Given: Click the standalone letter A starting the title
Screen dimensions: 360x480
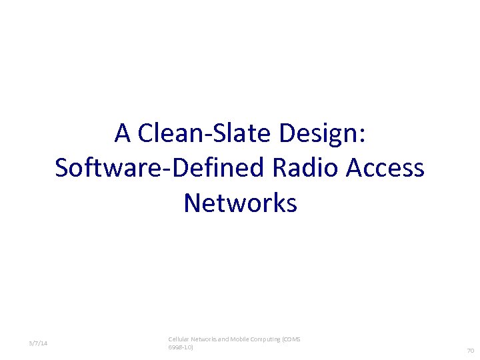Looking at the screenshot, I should point(122,133).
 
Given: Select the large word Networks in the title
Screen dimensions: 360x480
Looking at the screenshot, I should point(240,203).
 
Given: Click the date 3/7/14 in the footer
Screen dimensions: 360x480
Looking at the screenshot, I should point(38,343).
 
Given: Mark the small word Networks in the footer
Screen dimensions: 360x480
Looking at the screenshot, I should point(205,339).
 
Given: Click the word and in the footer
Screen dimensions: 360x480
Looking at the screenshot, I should point(225,339).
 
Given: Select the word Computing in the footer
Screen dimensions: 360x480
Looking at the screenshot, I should point(267,339).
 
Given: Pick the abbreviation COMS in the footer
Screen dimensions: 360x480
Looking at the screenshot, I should point(292,339).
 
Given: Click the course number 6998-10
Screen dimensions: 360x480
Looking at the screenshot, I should point(181,347).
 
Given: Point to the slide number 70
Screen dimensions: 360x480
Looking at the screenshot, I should point(470,351).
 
